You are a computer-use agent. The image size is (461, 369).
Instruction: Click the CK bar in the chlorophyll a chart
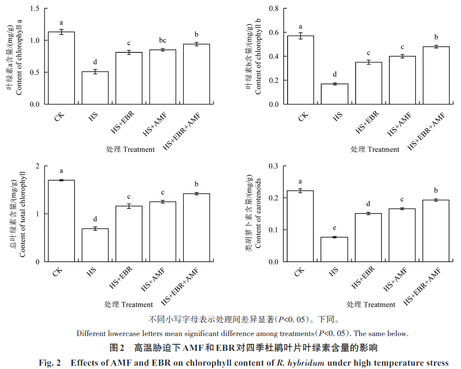[61, 68]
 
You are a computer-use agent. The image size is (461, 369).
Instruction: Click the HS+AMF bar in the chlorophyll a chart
[163, 77]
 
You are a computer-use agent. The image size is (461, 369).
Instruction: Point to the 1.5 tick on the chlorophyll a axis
[36, 9]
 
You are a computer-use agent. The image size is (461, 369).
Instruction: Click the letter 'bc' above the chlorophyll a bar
[163, 41]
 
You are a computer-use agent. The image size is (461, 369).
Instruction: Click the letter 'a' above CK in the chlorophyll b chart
[300, 26]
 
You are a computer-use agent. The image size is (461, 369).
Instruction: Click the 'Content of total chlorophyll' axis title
[23, 215]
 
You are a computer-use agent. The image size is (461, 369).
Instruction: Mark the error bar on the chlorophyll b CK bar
[300, 36]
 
